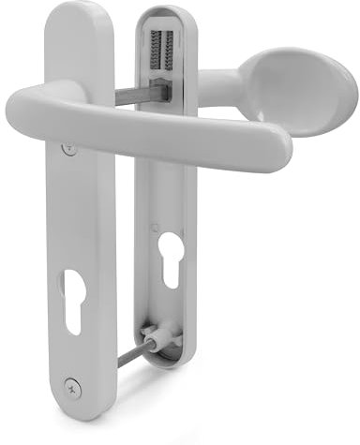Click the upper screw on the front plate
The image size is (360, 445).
[x=67, y=148]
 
